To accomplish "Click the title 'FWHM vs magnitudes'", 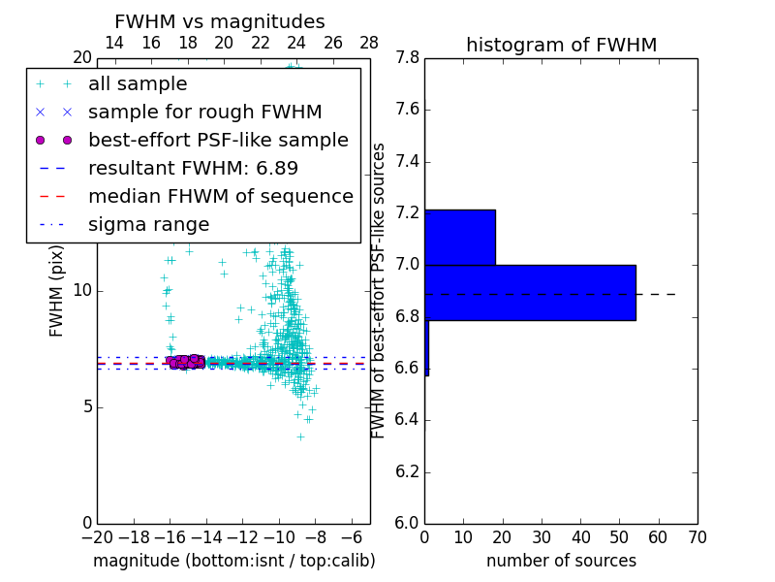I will (x=220, y=22).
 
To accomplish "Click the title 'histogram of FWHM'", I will (x=561, y=45).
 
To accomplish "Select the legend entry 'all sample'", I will (x=138, y=84).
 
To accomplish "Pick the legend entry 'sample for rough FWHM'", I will (x=204, y=113).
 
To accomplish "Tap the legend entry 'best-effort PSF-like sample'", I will (x=218, y=141).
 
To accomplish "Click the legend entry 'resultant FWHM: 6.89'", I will (x=193, y=169).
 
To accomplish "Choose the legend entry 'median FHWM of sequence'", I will (x=220, y=197).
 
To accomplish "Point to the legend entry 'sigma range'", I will (x=148, y=225).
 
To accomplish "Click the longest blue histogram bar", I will (x=530, y=292).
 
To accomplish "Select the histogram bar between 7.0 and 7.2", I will (x=460, y=237).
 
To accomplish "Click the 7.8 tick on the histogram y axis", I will (x=407, y=58).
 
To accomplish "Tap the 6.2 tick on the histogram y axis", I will (x=407, y=472).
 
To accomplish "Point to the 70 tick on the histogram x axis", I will (x=697, y=536).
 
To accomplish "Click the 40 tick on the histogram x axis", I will (x=580, y=536).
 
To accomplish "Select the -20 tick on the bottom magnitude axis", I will (x=97, y=536).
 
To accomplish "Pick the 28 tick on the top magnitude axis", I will (x=369, y=43).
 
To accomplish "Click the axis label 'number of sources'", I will (x=561, y=561).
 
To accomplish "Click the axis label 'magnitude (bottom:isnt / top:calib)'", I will (x=233, y=561).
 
